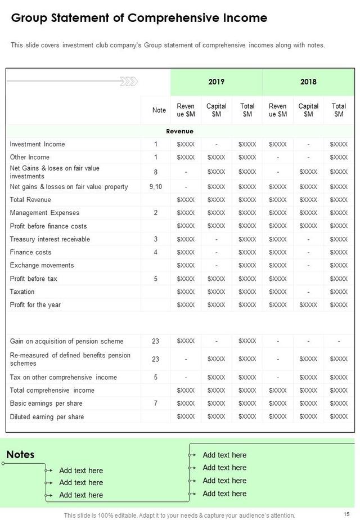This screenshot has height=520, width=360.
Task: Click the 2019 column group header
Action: pyautogui.click(x=216, y=82)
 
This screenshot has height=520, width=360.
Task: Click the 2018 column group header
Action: pyautogui.click(x=308, y=82)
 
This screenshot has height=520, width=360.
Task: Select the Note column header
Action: pyautogui.click(x=159, y=110)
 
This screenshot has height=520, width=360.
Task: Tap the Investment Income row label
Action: pyautogui.click(x=37, y=144)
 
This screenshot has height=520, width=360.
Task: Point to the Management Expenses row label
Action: pyautogui.click(x=44, y=213)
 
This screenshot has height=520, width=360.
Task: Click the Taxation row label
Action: pyautogui.click(x=22, y=292)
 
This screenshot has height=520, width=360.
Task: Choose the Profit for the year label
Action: pyautogui.click(x=35, y=304)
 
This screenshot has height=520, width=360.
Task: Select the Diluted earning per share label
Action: pyautogui.click(x=47, y=417)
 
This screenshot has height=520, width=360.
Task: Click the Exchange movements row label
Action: pyautogui.click(x=42, y=265)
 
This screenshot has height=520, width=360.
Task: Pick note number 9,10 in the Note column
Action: pyautogui.click(x=156, y=187)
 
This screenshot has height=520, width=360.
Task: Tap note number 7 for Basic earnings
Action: pyautogui.click(x=156, y=404)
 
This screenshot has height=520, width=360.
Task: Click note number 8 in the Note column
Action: pyautogui.click(x=156, y=172)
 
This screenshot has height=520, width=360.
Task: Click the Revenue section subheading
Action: pyautogui.click(x=179, y=131)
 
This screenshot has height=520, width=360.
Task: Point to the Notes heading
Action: pyautogui.click(x=20, y=455)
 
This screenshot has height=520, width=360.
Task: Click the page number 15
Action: pyautogui.click(x=346, y=515)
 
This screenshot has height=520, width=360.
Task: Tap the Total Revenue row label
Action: pyautogui.click(x=30, y=200)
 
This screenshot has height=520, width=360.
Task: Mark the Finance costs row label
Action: pyautogui.click(x=30, y=252)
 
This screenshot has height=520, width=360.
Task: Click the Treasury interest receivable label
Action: pyautogui.click(x=49, y=239)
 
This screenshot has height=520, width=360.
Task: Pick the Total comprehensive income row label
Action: pyautogui.click(x=52, y=391)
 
